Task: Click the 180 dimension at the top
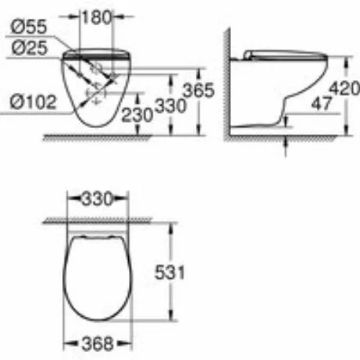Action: pyautogui.click(x=96, y=17)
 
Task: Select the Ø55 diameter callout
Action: pyautogui.click(x=29, y=27)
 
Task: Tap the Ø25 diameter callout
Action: pyautogui.click(x=30, y=48)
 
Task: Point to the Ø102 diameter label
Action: pyautogui.click(x=33, y=102)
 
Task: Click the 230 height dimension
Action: pyautogui.click(x=137, y=114)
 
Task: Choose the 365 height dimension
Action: pyautogui.click(x=198, y=90)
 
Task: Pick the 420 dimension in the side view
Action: pyautogui.click(x=345, y=89)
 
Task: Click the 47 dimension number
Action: pyautogui.click(x=321, y=104)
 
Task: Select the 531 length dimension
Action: pyautogui.click(x=170, y=272)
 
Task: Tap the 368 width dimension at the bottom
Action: pyautogui.click(x=97, y=343)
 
